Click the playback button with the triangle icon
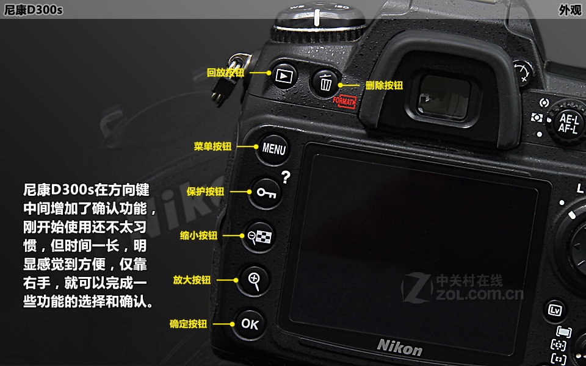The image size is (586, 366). [x=284, y=75]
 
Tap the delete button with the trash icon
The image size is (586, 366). [x=326, y=83]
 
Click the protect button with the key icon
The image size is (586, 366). [x=266, y=193]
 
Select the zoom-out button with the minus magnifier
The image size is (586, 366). [x=258, y=236]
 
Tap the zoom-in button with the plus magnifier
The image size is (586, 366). [x=254, y=280]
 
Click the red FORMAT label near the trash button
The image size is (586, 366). [x=345, y=102]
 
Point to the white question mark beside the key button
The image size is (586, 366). [x=285, y=178]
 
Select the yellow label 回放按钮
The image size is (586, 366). [x=225, y=73]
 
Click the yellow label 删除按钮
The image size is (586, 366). [x=384, y=86]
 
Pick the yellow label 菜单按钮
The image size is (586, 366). [x=212, y=147]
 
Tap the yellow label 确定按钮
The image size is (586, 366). [x=188, y=324]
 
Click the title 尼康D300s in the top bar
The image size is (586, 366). [x=34, y=10]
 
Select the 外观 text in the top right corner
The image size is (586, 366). [x=570, y=10]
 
